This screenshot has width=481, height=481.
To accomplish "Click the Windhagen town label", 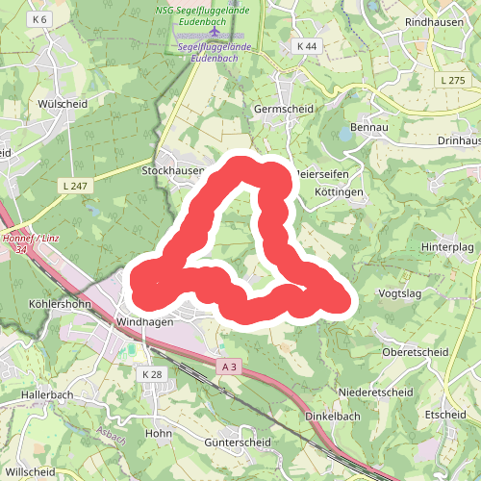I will [x=143, y=322].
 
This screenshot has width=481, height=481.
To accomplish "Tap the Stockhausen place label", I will [x=173, y=169].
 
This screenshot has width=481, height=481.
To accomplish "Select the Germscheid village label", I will [x=284, y=110].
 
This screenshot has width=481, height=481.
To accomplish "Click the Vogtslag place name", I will [x=405, y=292].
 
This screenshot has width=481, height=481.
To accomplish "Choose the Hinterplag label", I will [x=448, y=247].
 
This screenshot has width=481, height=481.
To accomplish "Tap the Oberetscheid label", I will [x=417, y=352].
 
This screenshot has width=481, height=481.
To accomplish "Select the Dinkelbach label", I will [x=331, y=416].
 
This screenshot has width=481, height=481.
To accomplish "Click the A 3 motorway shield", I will [x=228, y=367].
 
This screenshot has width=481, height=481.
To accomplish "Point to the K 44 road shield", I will [x=307, y=46].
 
